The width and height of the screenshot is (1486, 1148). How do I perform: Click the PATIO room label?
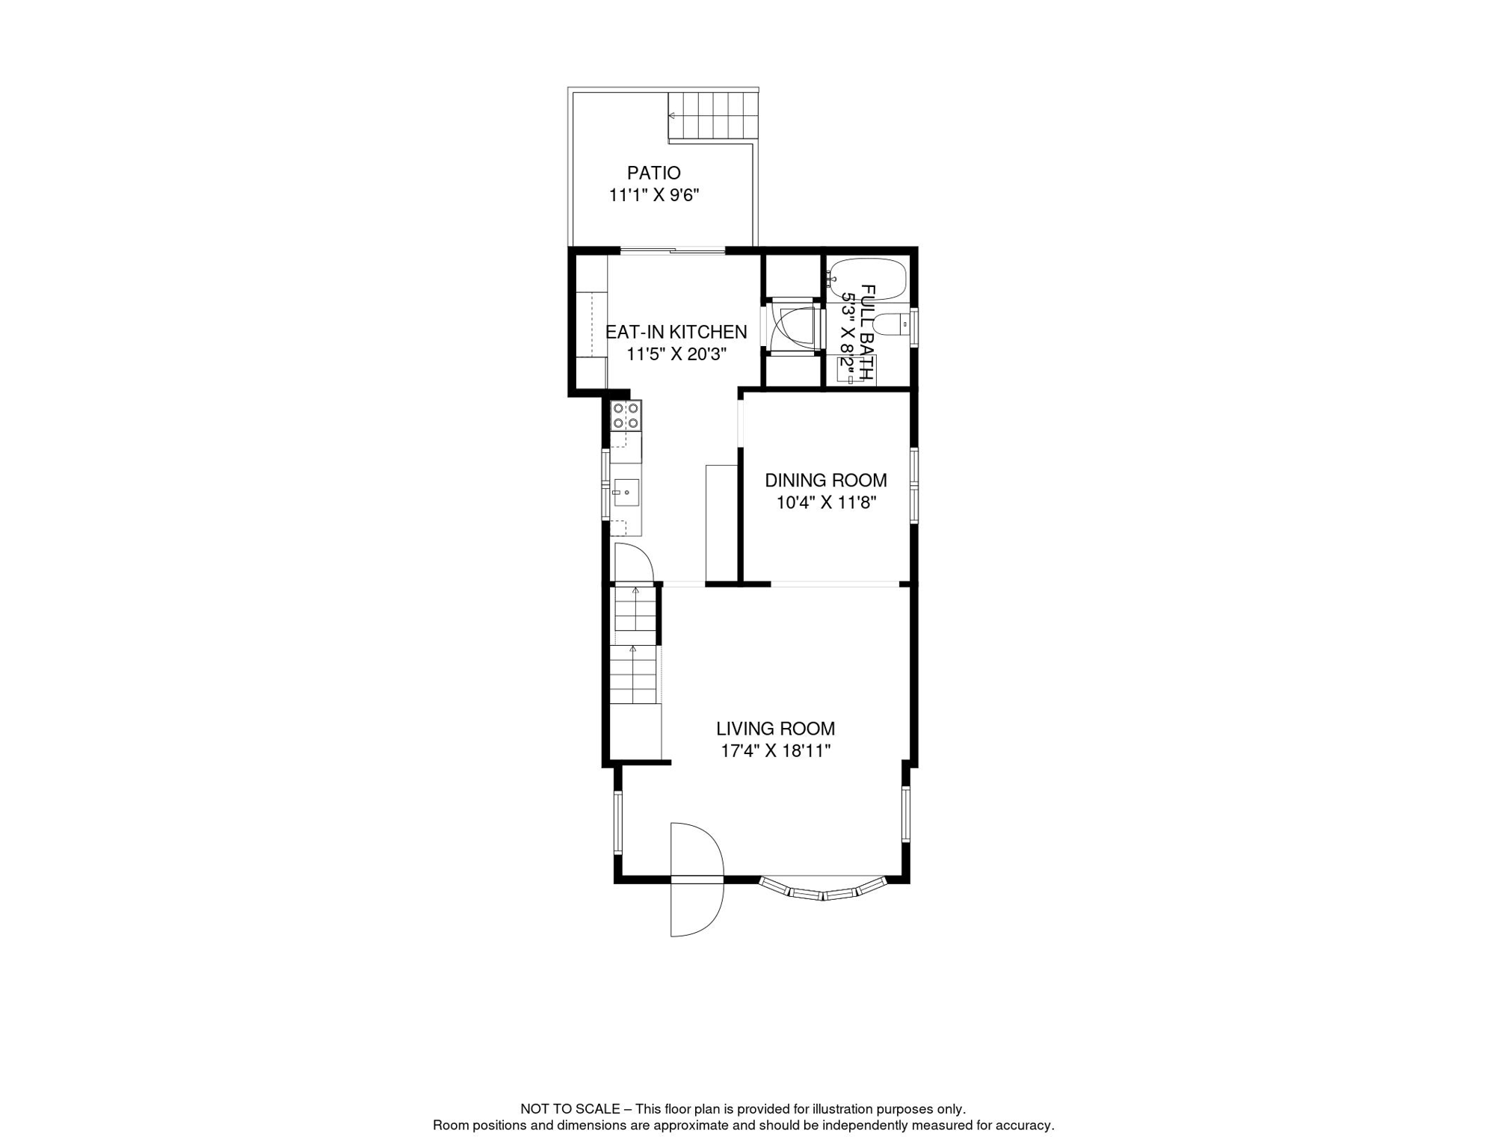pyautogui.click(x=653, y=173)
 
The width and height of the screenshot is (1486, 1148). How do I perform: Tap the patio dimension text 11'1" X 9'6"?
pyautogui.click(x=653, y=195)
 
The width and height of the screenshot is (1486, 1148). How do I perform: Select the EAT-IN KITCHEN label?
pyautogui.click(x=676, y=332)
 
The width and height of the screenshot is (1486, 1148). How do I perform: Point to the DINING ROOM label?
pyautogui.click(x=825, y=481)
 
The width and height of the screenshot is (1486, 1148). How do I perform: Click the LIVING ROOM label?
pyautogui.click(x=775, y=729)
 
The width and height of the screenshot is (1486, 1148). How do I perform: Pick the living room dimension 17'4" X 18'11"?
pyautogui.click(x=775, y=751)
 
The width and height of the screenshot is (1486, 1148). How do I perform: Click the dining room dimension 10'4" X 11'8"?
pyautogui.click(x=825, y=502)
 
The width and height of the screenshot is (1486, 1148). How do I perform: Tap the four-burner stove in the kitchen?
pyautogui.click(x=626, y=416)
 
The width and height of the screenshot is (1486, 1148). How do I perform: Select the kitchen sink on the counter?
pyautogui.click(x=626, y=493)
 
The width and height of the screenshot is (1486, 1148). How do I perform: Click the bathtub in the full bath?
pyautogui.click(x=868, y=280)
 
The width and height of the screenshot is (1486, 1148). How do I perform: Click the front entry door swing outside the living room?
pyautogui.click(x=697, y=880)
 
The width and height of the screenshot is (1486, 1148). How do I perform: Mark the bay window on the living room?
pyautogui.click(x=822, y=889)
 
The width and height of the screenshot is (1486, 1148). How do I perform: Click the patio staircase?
pyautogui.click(x=713, y=116)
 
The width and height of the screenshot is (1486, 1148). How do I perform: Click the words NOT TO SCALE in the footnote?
pyautogui.click(x=570, y=1109)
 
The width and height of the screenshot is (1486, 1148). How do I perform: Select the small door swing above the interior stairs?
pyautogui.click(x=634, y=563)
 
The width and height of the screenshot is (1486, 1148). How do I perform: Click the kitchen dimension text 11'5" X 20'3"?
pyautogui.click(x=676, y=354)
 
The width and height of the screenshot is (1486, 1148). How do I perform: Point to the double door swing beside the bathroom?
pyautogui.click(x=792, y=327)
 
